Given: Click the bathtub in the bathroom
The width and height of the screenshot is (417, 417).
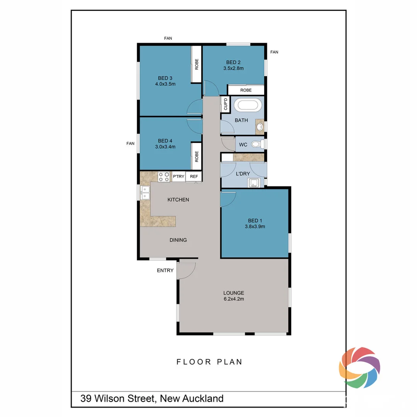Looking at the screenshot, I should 249,105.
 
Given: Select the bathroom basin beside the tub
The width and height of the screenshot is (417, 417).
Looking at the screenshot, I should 260,126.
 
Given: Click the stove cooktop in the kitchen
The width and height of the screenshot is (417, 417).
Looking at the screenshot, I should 164,176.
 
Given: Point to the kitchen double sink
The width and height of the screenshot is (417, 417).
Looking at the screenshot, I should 145,192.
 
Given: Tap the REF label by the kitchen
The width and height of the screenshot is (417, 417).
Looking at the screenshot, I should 194,177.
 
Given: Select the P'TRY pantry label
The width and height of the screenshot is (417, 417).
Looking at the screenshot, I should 178,177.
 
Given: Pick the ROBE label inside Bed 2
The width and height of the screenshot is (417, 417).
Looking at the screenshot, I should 246,90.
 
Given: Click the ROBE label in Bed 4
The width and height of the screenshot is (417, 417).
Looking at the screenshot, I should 197,156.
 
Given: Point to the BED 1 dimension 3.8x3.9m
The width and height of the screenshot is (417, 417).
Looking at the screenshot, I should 255,227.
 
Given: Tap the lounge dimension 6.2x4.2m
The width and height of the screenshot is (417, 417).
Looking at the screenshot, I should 233,299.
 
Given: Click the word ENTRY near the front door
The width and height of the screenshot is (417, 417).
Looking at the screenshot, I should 165,270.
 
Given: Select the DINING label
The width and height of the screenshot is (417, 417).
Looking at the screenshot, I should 178,240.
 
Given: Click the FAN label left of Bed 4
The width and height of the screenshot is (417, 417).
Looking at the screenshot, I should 131,143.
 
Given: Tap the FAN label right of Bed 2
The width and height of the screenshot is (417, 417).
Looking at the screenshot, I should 274,52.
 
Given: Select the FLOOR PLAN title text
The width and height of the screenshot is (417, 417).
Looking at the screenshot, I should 210,362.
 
